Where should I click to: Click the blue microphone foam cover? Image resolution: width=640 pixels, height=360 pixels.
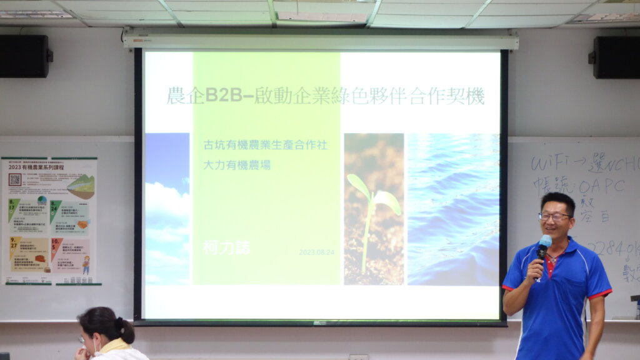545,241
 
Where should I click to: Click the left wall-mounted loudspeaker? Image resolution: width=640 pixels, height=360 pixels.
24,56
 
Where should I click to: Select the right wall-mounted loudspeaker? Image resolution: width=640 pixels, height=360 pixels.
616,57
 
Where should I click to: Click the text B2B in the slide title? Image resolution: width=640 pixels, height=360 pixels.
220,96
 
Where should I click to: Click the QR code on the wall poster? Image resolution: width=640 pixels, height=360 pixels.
15,179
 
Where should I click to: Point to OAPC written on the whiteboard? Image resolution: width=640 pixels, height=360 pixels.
601,186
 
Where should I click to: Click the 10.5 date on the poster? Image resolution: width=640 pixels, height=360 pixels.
56,245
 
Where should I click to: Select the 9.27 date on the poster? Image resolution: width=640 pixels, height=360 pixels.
12,245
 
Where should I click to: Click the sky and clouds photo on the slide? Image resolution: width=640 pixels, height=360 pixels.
167,208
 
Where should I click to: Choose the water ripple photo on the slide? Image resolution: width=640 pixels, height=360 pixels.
453,209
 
